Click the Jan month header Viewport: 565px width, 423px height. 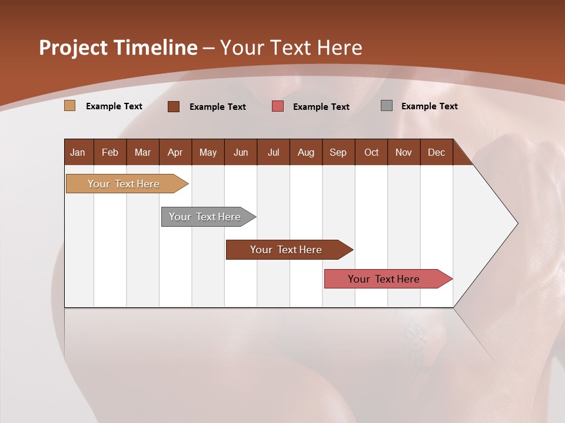click(78, 152)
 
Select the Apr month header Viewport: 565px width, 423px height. click(175, 152)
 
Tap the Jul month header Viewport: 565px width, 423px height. click(273, 152)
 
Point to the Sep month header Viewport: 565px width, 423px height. click(338, 152)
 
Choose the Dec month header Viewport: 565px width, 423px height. click(436, 152)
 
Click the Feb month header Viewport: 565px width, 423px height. click(110, 152)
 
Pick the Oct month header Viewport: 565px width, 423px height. click(371, 152)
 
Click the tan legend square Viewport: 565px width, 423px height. click(70, 106)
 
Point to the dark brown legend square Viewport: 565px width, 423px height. click(174, 106)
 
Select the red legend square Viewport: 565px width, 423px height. click(278, 106)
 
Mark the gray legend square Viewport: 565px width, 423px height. click(387, 106)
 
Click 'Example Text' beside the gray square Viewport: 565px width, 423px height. click(429, 106)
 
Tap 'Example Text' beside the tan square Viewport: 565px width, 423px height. click(114, 106)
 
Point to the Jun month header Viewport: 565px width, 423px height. click(241, 152)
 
